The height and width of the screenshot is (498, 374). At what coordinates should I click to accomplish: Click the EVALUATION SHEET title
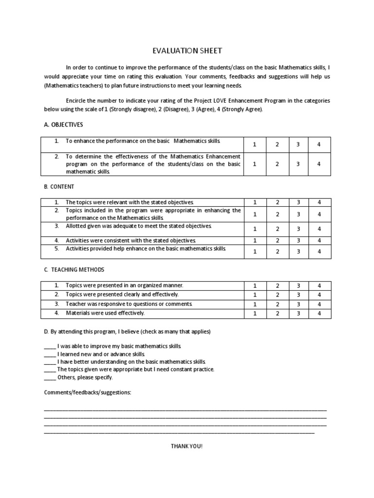[x=187, y=51]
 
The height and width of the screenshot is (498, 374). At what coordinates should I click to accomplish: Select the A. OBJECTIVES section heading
[x=64, y=124]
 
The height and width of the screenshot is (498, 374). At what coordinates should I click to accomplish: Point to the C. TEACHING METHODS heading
[x=74, y=269]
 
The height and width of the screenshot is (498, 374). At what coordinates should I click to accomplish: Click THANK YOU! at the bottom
[x=186, y=446]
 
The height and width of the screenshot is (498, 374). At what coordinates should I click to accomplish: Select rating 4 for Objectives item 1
[x=319, y=144]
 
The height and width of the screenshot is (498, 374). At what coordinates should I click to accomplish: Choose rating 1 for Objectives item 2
[x=255, y=164]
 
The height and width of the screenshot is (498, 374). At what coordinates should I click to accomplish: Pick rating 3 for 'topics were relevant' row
[x=298, y=202]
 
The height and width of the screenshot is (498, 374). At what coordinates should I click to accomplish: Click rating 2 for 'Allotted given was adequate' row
[x=277, y=229]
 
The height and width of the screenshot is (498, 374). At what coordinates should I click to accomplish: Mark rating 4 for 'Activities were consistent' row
[x=319, y=240]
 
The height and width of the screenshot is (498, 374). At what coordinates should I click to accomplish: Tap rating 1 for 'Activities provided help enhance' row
[x=255, y=251]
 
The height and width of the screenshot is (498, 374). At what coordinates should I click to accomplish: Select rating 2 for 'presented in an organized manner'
[x=277, y=286]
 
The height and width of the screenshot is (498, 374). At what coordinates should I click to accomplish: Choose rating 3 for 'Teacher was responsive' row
[x=298, y=304]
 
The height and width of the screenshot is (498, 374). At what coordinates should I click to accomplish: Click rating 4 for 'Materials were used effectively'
[x=319, y=314]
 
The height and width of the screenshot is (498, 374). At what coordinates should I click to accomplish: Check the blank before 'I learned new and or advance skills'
[x=50, y=355]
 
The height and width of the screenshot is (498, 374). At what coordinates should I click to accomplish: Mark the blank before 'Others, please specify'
[x=50, y=377]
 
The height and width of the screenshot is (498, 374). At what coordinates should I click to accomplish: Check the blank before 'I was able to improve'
[x=50, y=347]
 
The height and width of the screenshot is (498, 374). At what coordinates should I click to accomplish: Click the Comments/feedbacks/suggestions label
[x=87, y=392]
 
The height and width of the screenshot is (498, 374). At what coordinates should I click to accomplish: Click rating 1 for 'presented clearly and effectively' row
[x=255, y=295]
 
